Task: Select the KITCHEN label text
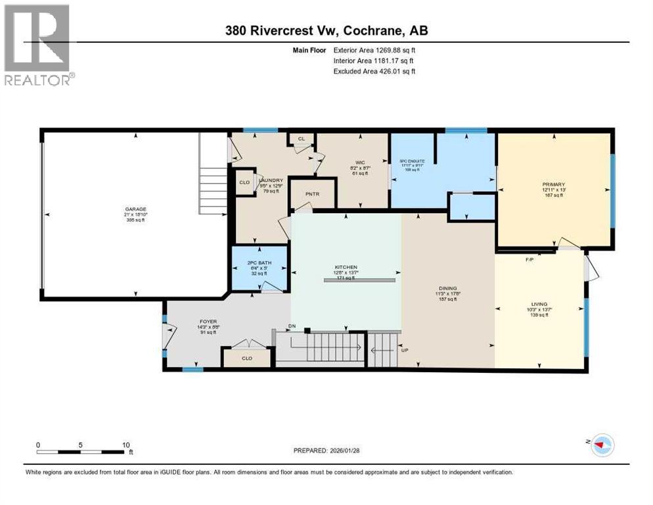[345, 268]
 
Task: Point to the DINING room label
[448, 287]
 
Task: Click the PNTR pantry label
[312, 195]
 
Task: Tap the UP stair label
[405, 350]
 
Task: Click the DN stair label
[292, 327]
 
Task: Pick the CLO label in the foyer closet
[246, 358]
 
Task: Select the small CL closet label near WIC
[302, 139]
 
